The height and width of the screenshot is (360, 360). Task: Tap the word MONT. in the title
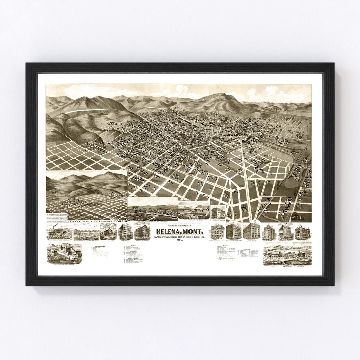coord(193,231)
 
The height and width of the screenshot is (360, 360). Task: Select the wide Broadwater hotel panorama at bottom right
coord(287,255)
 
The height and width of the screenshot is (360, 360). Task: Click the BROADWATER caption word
coord(287,267)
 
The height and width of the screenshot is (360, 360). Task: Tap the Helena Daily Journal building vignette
coord(218,212)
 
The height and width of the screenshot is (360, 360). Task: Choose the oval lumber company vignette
coord(194,210)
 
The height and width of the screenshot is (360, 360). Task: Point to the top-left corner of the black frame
coord(27,64)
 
